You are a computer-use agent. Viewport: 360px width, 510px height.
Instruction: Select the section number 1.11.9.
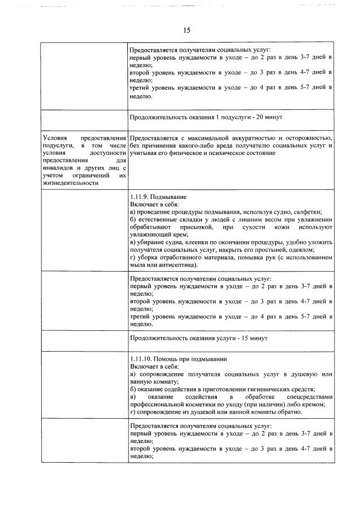139,197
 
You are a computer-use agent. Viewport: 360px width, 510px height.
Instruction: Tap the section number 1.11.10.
141,359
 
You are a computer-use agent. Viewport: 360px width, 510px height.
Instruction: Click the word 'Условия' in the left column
55,139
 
